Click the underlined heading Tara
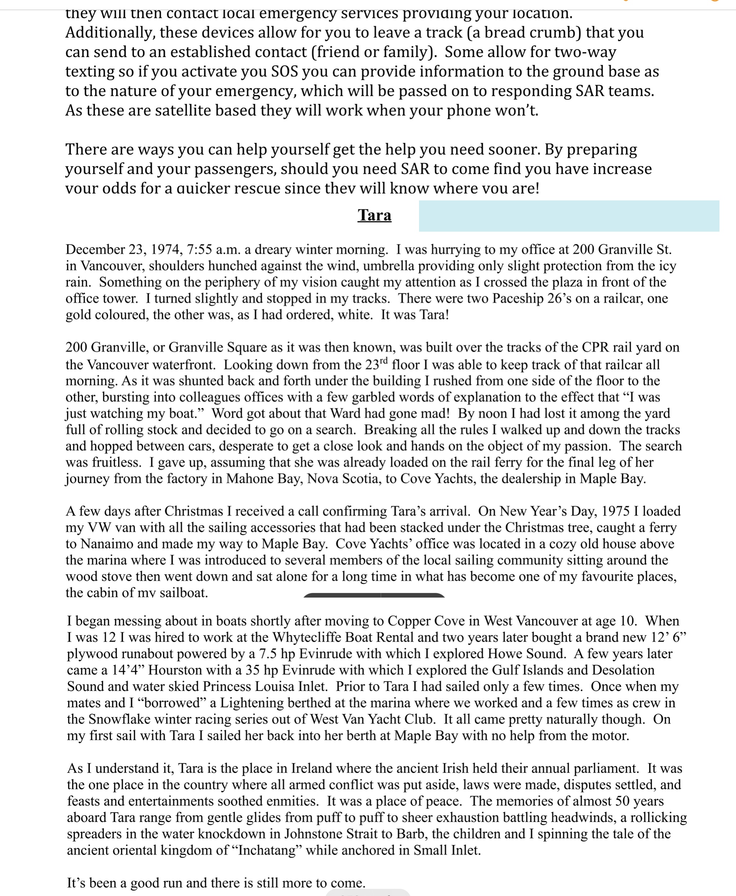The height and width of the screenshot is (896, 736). (x=374, y=215)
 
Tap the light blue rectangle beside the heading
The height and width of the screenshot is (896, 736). (x=569, y=216)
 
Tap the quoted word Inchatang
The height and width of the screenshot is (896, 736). (x=266, y=850)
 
